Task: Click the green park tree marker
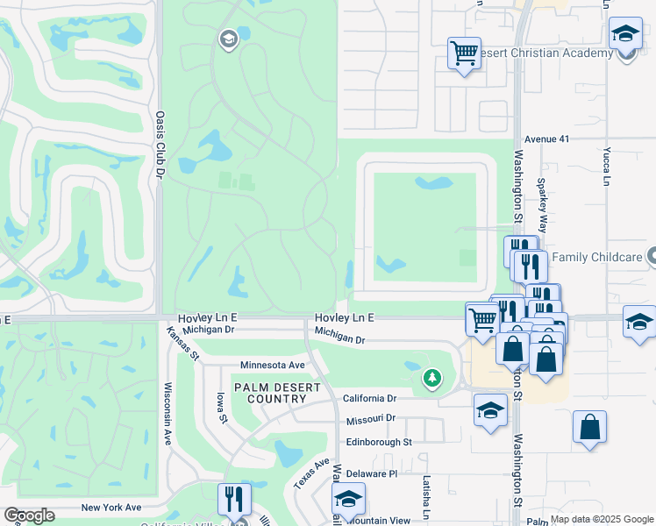(x=431, y=379)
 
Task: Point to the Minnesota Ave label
(x=273, y=365)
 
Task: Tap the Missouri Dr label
(x=371, y=419)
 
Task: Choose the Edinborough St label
(x=379, y=443)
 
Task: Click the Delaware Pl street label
(x=372, y=473)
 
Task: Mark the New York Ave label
(x=111, y=508)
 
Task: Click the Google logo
(x=29, y=515)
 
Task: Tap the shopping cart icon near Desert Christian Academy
(x=463, y=53)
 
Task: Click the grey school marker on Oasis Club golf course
(x=228, y=39)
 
